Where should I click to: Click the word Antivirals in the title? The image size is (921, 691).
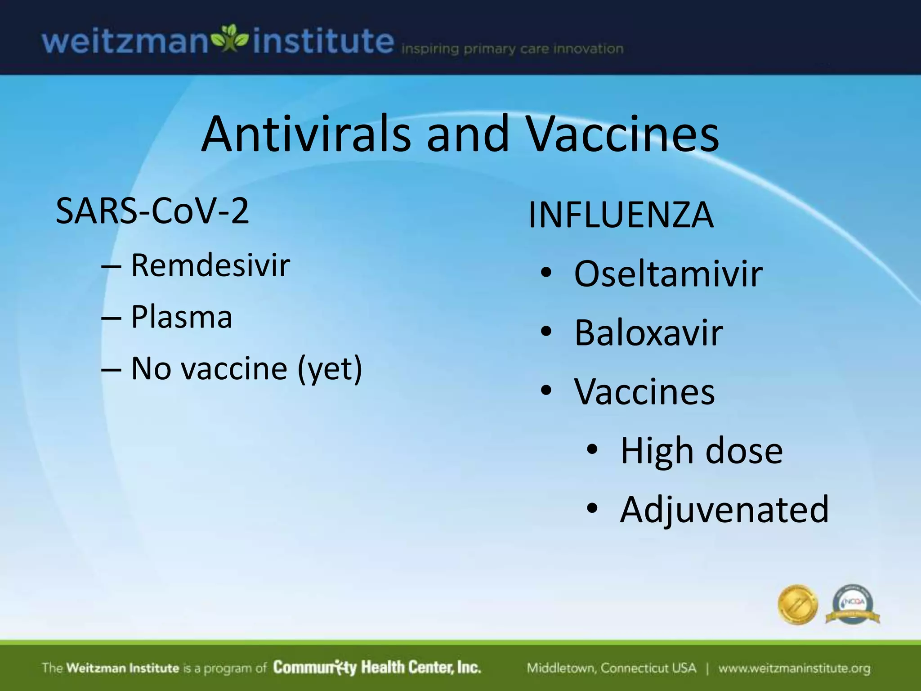(x=306, y=134)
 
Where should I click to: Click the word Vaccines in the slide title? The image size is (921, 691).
(x=623, y=134)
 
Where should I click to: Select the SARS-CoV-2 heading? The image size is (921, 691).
(x=152, y=211)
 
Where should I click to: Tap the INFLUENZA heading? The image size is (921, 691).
(x=621, y=215)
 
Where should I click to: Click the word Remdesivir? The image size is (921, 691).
(x=210, y=265)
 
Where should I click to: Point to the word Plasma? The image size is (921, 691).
(x=181, y=317)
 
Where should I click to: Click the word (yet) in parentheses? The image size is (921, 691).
(x=330, y=369)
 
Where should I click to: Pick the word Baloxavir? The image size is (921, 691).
(x=648, y=333)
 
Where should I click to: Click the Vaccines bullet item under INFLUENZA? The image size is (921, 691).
(x=644, y=392)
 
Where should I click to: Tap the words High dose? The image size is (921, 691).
(x=701, y=451)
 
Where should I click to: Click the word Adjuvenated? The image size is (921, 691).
(x=724, y=510)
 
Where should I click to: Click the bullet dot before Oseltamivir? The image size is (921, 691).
(x=546, y=273)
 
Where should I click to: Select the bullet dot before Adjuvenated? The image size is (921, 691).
(x=592, y=508)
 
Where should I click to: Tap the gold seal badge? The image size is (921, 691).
(x=798, y=605)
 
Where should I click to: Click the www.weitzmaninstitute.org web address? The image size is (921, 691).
(x=794, y=668)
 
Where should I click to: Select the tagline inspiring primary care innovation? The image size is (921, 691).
(x=512, y=49)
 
